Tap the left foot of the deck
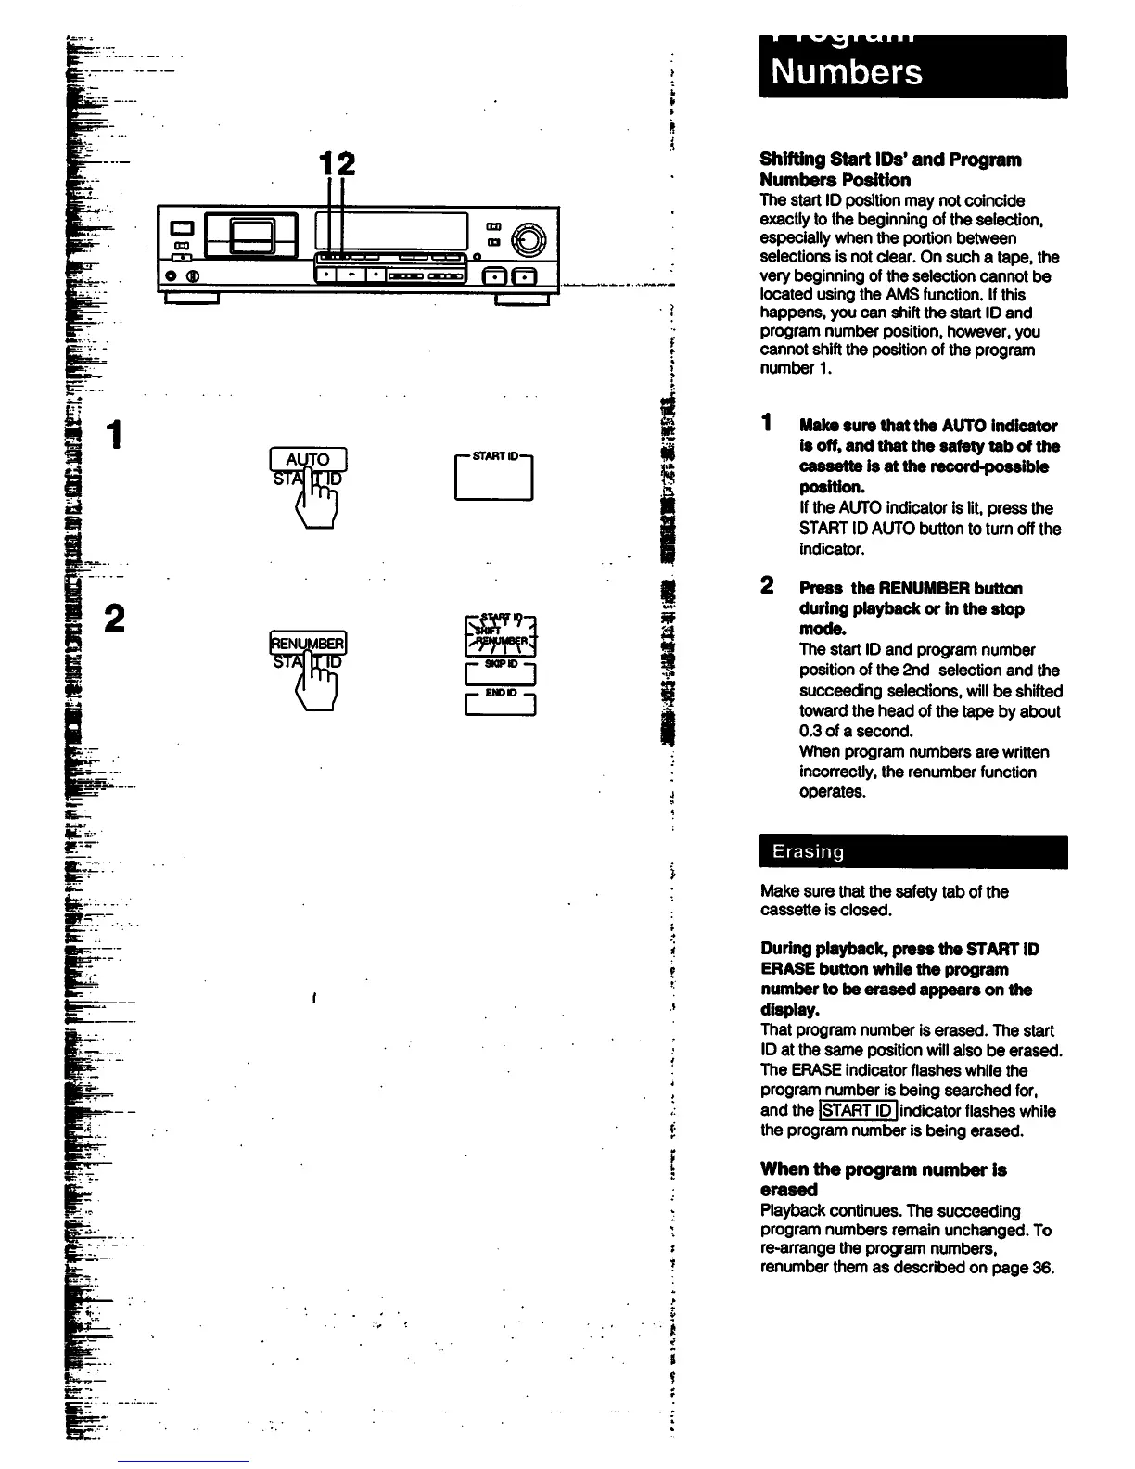(191, 299)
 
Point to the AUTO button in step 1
(308, 459)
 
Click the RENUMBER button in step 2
(307, 643)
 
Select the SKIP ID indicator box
(500, 673)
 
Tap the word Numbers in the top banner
(847, 72)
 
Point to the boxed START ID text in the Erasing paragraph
(858, 1110)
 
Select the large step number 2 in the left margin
(115, 619)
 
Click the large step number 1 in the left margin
(115, 435)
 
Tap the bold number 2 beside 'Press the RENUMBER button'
(767, 585)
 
